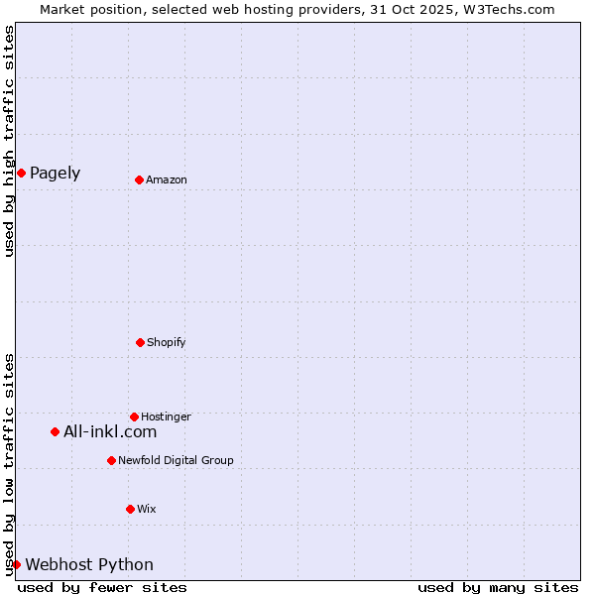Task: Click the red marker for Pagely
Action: coord(21,174)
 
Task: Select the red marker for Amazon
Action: coord(139,179)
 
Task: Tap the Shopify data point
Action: coord(140,342)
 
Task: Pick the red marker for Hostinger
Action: coord(134,416)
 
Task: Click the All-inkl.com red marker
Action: coord(55,431)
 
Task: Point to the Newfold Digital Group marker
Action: coord(111,460)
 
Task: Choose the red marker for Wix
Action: coord(130,509)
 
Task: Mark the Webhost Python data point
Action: coord(16,564)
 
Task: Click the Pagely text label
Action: coord(56,174)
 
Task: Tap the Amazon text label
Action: coord(167,179)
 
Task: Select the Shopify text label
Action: coord(167,342)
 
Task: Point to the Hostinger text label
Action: coord(166,416)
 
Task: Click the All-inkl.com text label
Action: coord(110,431)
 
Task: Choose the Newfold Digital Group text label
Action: coord(176,460)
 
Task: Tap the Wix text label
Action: coord(147,509)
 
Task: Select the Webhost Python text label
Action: coord(89,564)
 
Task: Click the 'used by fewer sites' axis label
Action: coord(102,587)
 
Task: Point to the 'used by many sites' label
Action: coord(498,587)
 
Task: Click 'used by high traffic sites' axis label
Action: coord(9,141)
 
